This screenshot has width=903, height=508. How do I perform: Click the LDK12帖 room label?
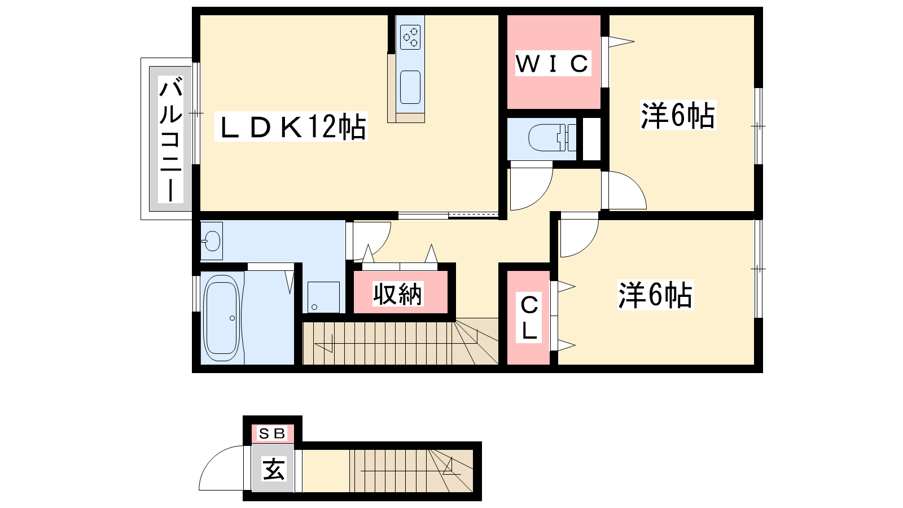coord(291,126)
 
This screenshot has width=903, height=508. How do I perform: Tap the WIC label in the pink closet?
coord(553,63)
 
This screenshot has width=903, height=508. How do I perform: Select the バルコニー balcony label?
coord(170,139)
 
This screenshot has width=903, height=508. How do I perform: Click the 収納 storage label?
coord(397,294)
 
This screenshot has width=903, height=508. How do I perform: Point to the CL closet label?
coord(529,317)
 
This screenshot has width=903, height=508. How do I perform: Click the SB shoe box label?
coord(272,433)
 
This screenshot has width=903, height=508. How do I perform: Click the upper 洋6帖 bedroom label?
coord(678,115)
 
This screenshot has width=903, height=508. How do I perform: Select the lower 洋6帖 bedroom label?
coord(655,295)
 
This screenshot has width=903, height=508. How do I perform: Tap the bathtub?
coord(221,318)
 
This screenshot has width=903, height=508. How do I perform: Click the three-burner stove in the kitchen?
coord(410,37)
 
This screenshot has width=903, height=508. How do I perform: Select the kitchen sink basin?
coord(410,87)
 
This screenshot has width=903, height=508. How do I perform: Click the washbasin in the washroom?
coord(212,241)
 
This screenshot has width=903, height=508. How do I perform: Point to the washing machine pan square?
coord(323,297)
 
